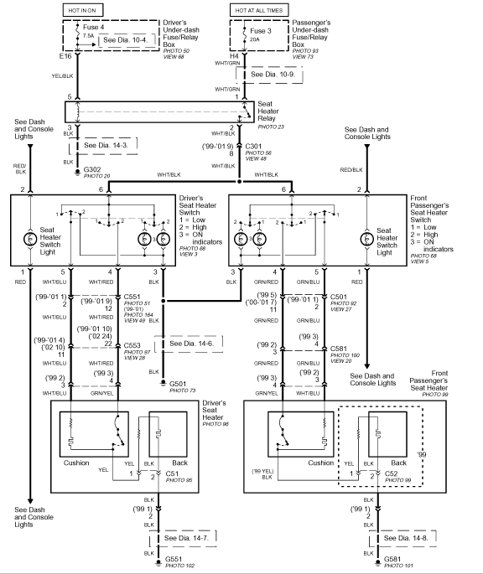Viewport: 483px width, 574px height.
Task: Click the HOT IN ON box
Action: pos(83,10)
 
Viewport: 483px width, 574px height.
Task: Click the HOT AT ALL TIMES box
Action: pos(259,10)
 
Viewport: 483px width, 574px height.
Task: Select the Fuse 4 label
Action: pos(93,27)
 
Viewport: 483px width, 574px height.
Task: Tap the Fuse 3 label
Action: pos(261,31)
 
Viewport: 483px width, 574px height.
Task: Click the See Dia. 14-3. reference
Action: pos(106,145)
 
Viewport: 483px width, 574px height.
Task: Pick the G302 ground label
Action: pos(92,169)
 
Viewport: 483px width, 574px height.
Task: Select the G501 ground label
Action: pos(178,384)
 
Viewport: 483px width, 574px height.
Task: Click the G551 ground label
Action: pos(174,559)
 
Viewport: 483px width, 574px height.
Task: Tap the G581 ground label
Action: pos(392,559)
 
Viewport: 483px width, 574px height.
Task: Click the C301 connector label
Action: pos(253,147)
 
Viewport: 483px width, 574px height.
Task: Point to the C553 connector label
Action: pos(132,345)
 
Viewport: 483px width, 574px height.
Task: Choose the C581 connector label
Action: pos(338,349)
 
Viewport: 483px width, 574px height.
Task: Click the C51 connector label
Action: pos(172,473)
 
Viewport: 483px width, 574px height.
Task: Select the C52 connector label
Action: pos(392,473)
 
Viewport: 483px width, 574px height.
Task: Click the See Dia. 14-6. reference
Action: pos(192,344)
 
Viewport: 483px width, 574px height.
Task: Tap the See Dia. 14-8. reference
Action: pos(406,538)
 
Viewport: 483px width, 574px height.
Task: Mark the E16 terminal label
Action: pos(65,56)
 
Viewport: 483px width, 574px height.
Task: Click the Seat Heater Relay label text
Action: pos(268,111)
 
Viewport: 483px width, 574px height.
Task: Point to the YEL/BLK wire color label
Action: pos(62,76)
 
